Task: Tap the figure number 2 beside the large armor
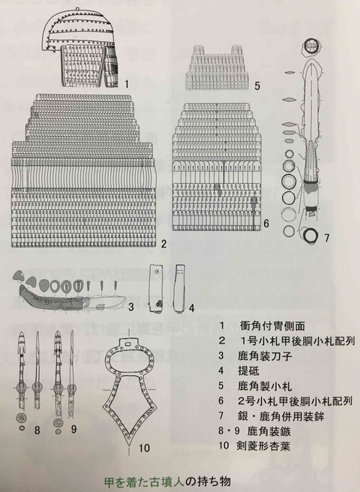point(163,244)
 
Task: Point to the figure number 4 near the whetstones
point(191,307)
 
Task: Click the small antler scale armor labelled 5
point(217,67)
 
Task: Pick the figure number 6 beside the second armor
point(266,223)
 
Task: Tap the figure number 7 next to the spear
point(327,238)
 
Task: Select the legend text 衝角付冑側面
point(272,325)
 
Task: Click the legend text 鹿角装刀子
point(265,355)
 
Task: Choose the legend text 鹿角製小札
point(265,385)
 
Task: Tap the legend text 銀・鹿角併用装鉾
point(281,416)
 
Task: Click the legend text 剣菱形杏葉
point(263,445)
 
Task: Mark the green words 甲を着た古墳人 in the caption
point(144,481)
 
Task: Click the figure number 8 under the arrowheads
point(37,430)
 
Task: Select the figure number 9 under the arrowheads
point(73,429)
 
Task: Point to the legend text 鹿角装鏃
point(269,431)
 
